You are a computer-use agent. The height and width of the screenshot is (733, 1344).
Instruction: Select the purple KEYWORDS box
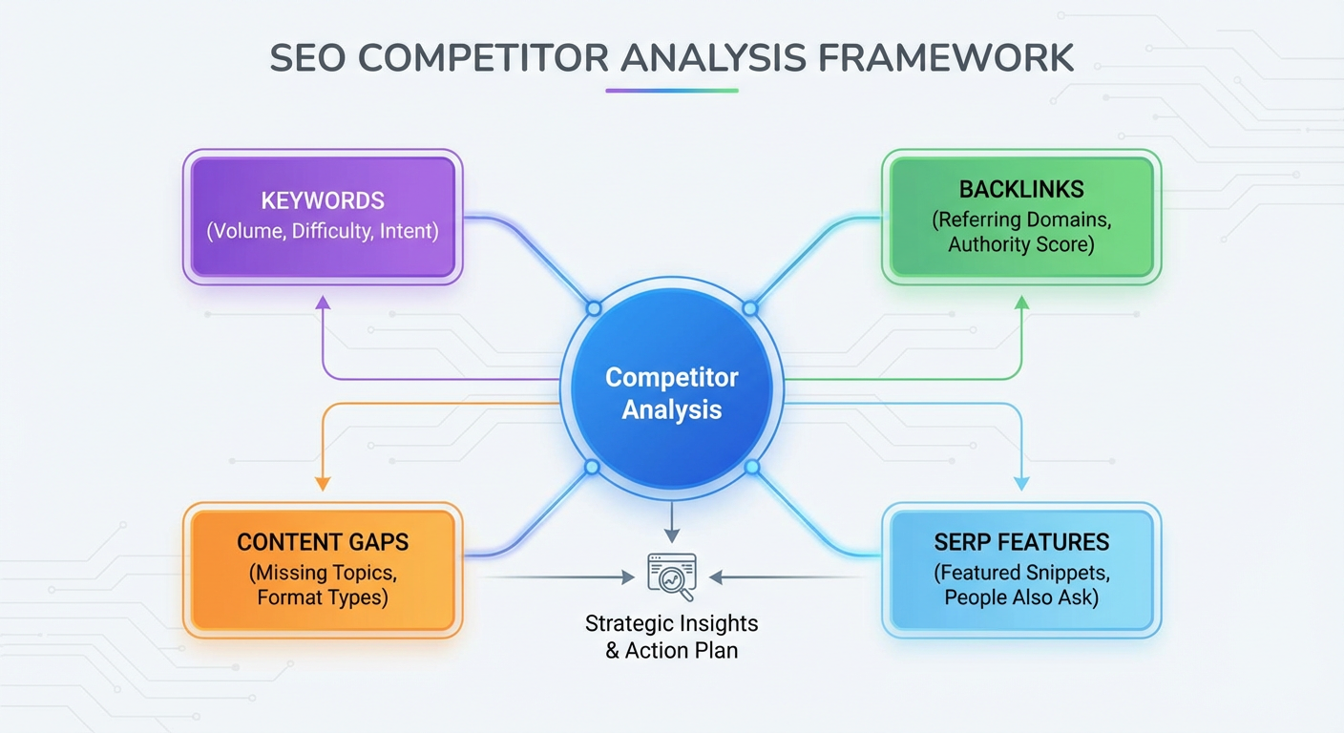pyautogui.click(x=323, y=217)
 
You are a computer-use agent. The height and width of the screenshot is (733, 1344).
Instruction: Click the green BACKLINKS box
pyautogui.click(x=1021, y=217)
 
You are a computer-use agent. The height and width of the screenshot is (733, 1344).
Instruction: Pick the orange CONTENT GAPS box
pyautogui.click(x=323, y=570)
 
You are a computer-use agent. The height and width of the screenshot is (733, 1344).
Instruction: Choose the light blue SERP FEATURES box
pyautogui.click(x=1021, y=570)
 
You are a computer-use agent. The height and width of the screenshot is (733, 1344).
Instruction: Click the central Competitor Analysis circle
pyautogui.click(x=672, y=393)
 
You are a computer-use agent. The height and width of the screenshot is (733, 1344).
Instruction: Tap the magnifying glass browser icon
pyautogui.click(x=672, y=576)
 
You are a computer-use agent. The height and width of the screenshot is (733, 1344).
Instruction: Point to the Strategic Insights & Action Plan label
pyautogui.click(x=672, y=638)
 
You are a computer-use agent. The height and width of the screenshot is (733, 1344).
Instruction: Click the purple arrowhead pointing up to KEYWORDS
pyautogui.click(x=323, y=303)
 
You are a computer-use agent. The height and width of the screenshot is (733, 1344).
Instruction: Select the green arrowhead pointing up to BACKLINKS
pyautogui.click(x=1021, y=303)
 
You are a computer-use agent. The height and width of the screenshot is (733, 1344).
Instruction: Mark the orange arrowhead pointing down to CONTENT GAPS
pyautogui.click(x=323, y=483)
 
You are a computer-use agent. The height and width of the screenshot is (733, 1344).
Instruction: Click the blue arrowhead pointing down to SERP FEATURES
pyautogui.click(x=1021, y=483)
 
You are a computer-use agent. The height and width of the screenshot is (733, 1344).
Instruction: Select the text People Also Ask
pyautogui.click(x=1021, y=598)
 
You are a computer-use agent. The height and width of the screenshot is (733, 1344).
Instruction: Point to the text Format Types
pyautogui.click(x=323, y=598)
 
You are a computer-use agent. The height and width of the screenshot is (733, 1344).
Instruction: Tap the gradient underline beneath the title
pyautogui.click(x=672, y=91)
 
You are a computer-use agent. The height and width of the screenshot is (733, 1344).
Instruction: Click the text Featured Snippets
pyautogui.click(x=1021, y=574)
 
